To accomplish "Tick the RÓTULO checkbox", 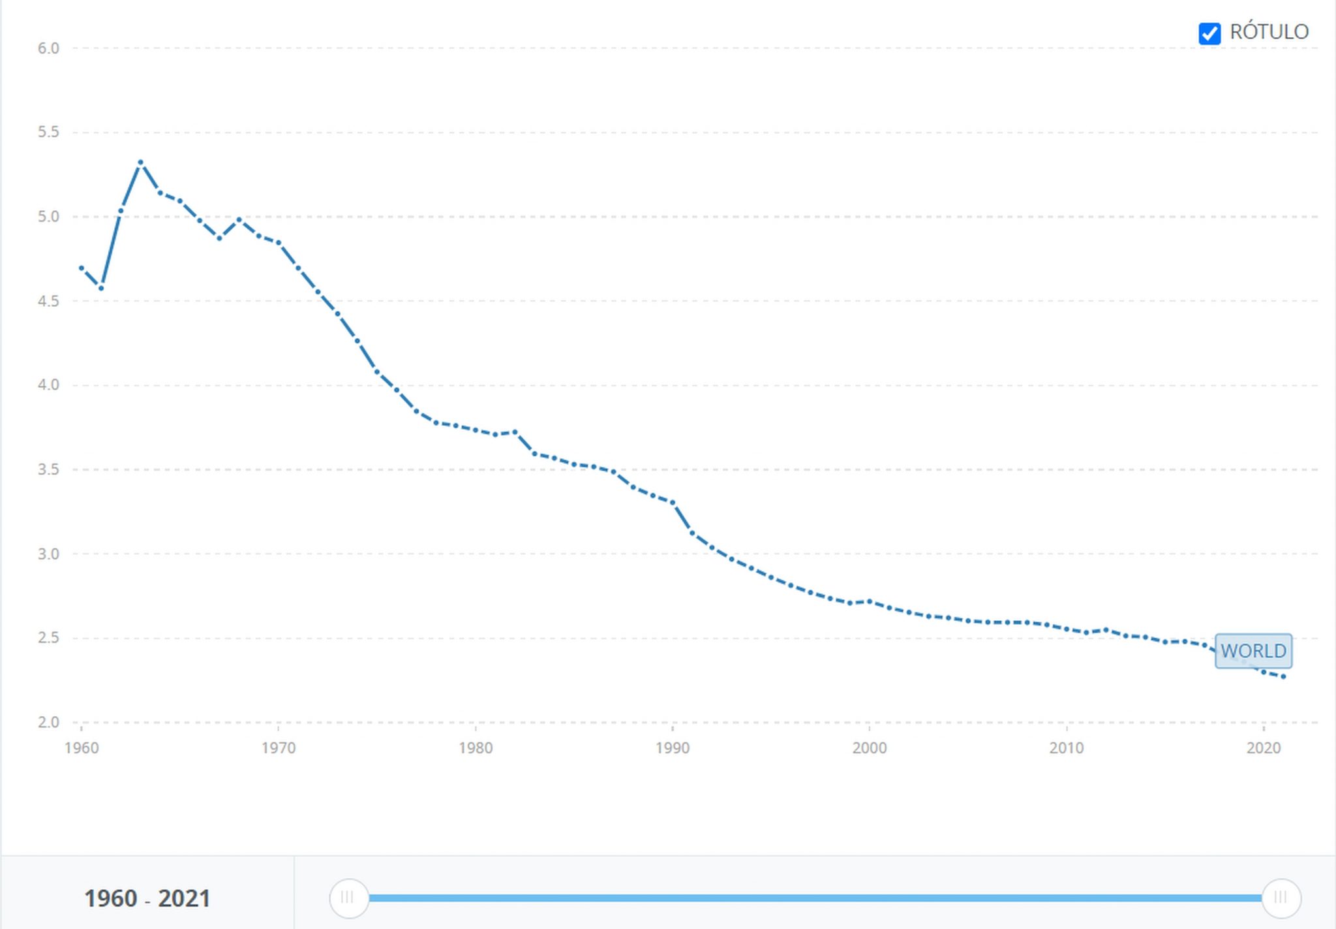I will [x=1209, y=33].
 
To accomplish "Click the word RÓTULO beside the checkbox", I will [x=1269, y=32].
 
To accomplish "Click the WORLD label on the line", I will [x=1253, y=651].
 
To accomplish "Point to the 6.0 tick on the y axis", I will [x=48, y=48].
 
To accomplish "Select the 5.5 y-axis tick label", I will [x=48, y=133].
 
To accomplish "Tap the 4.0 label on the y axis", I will [x=48, y=385].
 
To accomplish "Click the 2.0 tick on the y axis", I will [x=48, y=722].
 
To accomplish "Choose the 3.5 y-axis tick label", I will [x=48, y=469].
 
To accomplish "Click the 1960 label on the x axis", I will [x=82, y=748].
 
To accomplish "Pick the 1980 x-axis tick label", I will [x=476, y=748].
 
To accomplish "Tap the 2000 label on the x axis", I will [x=870, y=748].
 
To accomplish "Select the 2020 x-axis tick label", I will [x=1264, y=748].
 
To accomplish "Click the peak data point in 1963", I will [x=140, y=163].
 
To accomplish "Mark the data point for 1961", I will [x=101, y=288].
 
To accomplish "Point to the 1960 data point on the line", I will [x=82, y=268].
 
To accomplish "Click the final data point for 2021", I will [x=1283, y=676].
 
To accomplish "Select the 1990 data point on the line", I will [x=673, y=503].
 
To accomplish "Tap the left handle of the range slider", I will [x=348, y=898].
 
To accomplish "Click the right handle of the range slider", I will [x=1281, y=898].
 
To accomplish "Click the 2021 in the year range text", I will [x=184, y=898].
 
